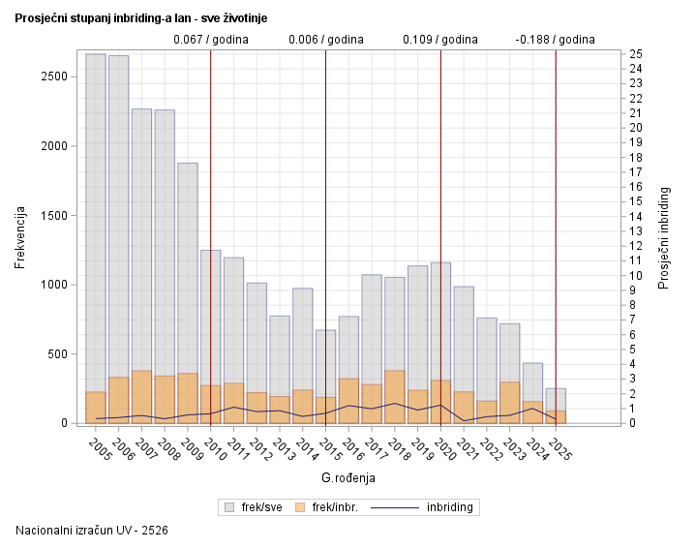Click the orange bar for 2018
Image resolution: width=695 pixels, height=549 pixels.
395,397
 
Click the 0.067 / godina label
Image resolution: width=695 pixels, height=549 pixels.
210,40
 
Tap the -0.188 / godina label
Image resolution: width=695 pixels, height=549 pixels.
555,40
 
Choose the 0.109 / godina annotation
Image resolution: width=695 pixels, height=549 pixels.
439,40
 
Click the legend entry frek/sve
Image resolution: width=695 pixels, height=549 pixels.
254,506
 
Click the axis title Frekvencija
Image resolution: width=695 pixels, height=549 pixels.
20,237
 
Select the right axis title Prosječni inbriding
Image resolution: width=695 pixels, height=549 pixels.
664,237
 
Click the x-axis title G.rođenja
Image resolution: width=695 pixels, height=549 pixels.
347,477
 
